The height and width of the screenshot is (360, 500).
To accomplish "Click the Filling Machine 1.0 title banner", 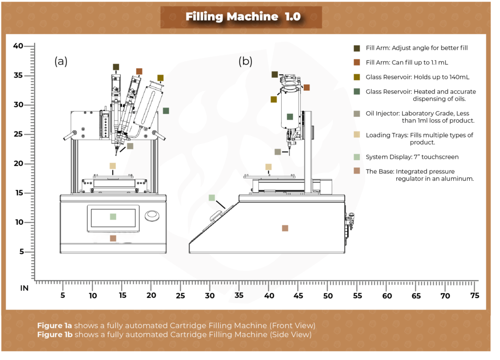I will (x=243, y=17).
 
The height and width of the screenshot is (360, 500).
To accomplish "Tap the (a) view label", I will (x=61, y=62).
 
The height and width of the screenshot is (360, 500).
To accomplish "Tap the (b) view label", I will (x=245, y=62).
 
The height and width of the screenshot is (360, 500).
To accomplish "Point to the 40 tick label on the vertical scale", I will (x=18, y=46).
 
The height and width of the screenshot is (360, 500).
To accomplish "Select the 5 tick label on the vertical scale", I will (x=21, y=252).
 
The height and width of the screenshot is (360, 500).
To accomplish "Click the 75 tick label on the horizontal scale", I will (x=475, y=296).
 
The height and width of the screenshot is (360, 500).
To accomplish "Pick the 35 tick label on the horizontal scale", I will (x=239, y=296).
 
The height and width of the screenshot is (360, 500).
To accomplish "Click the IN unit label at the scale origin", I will (x=24, y=288).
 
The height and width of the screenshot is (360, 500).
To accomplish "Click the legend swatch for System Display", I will (x=357, y=157).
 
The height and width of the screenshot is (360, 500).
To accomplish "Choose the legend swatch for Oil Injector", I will (x=357, y=114).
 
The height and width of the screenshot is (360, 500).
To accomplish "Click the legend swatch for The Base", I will (x=357, y=171).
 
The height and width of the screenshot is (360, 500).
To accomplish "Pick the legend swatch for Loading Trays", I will (x=357, y=135).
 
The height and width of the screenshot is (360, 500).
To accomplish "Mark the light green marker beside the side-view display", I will (x=211, y=198).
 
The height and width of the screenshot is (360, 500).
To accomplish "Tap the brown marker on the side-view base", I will (x=285, y=228).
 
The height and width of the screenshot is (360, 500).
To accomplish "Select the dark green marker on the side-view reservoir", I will (x=290, y=117).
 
